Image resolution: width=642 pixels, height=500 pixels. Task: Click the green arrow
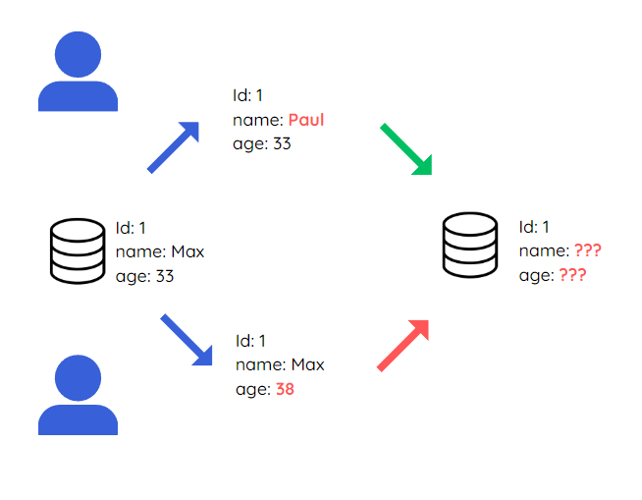(x=407, y=150)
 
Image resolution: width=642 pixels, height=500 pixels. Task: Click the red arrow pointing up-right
(x=403, y=346)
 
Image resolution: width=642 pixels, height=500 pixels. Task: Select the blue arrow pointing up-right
(x=174, y=147)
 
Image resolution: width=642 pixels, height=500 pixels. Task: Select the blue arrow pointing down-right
(x=187, y=340)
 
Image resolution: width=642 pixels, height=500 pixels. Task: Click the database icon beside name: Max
(x=78, y=252)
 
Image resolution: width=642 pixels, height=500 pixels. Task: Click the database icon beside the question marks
(x=470, y=245)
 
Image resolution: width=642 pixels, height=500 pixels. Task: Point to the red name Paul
(x=306, y=121)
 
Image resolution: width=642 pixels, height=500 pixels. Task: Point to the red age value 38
(x=285, y=389)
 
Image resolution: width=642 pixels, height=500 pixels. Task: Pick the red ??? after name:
(x=587, y=251)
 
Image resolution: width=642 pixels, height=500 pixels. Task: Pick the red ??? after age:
(x=572, y=276)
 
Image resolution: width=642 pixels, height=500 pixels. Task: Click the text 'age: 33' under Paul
(x=262, y=144)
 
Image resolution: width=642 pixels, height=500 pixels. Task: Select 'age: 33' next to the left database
(x=144, y=276)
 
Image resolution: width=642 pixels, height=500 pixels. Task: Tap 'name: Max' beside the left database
(x=160, y=251)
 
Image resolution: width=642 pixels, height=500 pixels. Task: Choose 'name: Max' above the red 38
(x=280, y=365)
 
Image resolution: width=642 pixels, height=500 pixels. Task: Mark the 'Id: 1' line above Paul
(x=248, y=96)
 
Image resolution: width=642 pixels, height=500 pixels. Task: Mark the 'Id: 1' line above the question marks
(x=534, y=227)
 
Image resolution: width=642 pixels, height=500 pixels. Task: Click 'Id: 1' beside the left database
(x=132, y=227)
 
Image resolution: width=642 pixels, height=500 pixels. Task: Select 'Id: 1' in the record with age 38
(x=251, y=341)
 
